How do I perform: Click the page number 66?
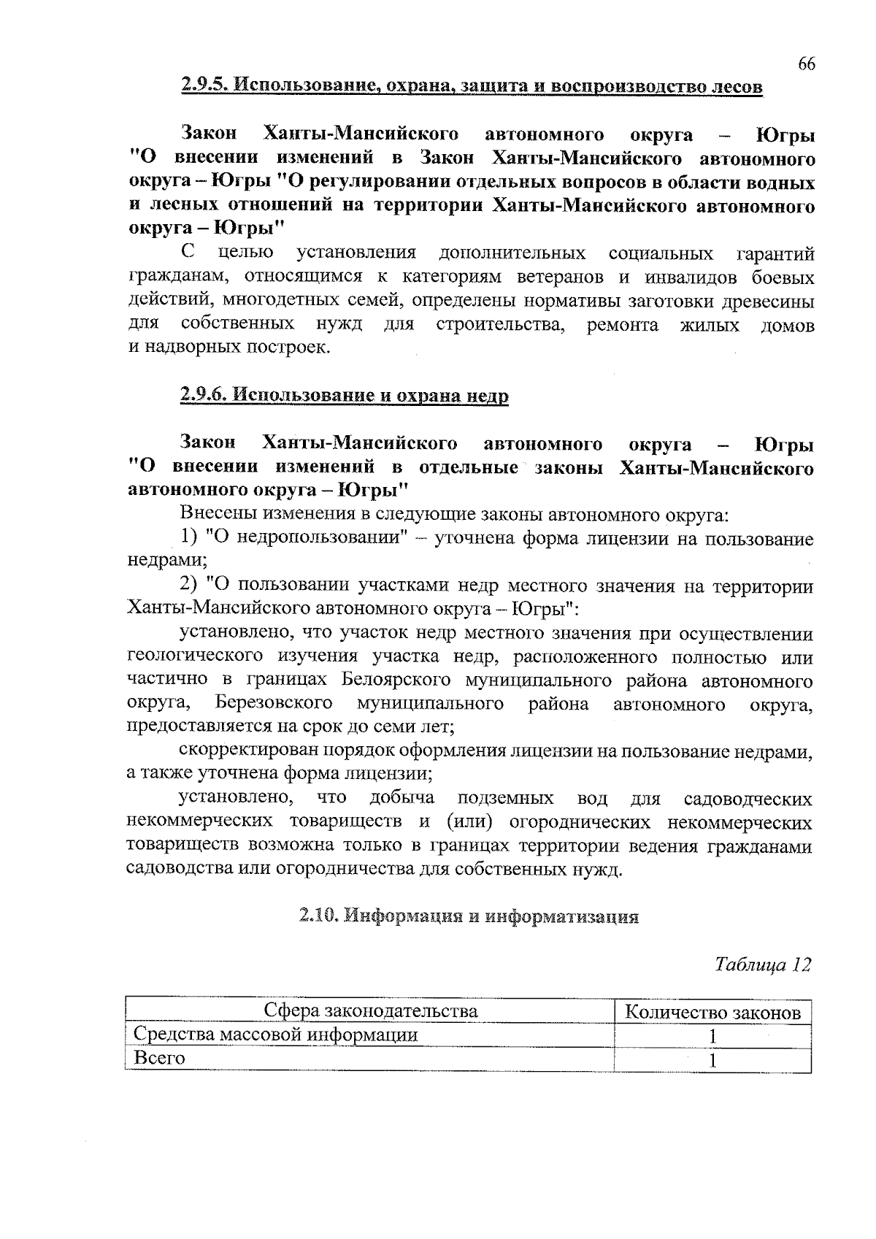pos(805,64)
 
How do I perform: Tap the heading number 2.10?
pos(318,916)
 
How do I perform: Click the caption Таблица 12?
pos(763,964)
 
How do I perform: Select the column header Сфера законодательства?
pos(370,1011)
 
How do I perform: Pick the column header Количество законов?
pos(713,1013)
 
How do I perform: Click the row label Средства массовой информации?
pos(276,1035)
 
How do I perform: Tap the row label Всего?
pos(159,1058)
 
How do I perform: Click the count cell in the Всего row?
pos(713,1060)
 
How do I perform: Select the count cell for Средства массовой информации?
pos(713,1036)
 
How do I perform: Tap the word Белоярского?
pos(396,680)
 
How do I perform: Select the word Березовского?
pos(274,704)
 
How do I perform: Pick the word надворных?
pos(181,348)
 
